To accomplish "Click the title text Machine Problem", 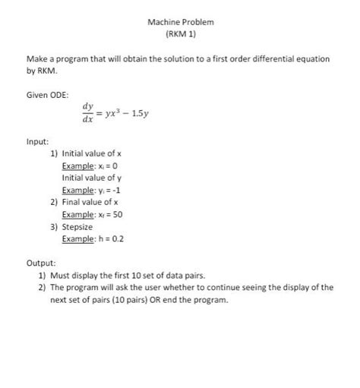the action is (180, 22).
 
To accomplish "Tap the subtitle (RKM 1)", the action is (180, 35).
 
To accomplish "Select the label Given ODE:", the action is (47, 95).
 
